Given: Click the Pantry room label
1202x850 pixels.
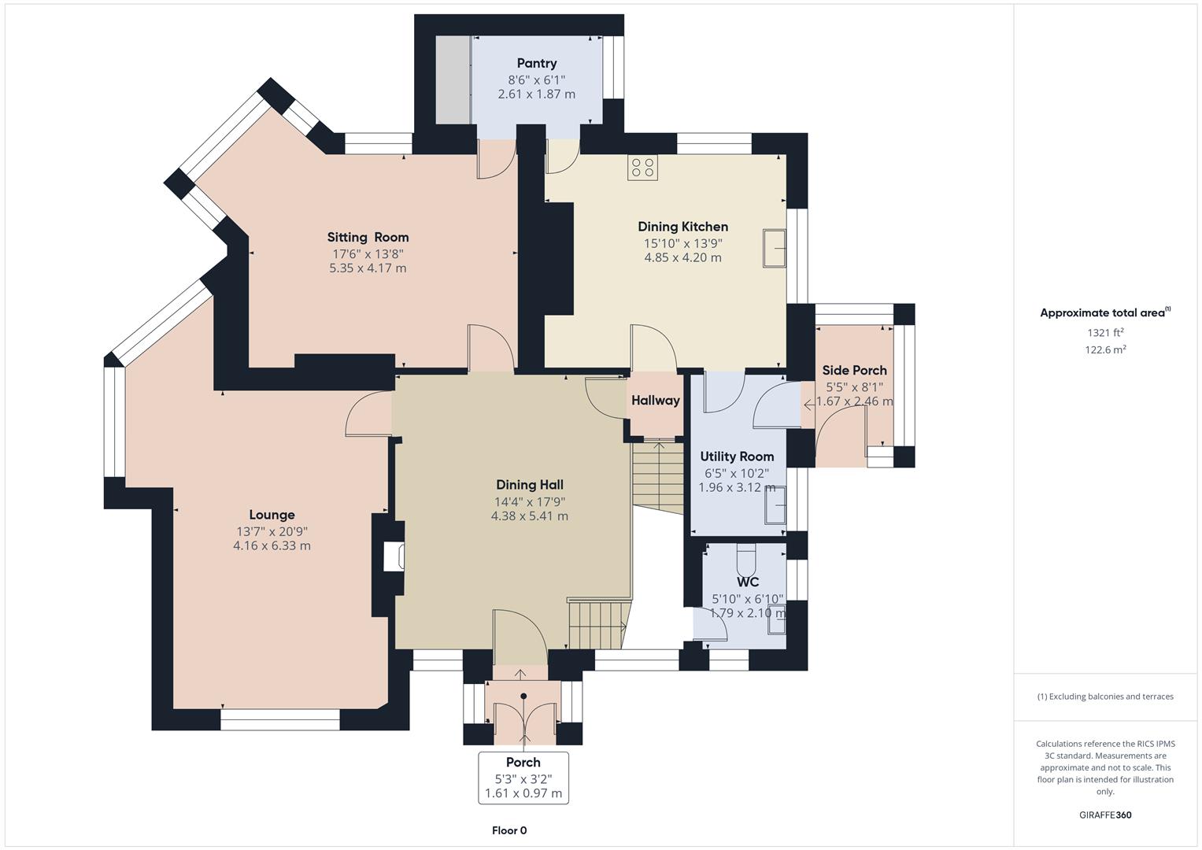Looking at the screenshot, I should tap(536, 63).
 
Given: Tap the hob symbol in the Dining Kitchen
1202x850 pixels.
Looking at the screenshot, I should tap(642, 168).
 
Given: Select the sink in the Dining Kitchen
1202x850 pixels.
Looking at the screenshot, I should tap(774, 249).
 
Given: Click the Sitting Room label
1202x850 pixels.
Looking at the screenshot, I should tap(368, 237).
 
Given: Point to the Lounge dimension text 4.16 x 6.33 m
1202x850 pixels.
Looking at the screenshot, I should tap(272, 545).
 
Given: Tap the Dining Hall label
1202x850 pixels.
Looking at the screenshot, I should tap(529, 485).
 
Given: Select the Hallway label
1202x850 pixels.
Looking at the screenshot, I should tap(655, 401).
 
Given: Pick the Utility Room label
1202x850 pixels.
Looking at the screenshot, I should tap(737, 456).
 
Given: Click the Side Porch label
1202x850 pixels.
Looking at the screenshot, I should tap(854, 370).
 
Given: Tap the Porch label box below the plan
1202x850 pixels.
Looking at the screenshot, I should tap(523, 778).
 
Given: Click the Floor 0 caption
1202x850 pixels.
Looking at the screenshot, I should tap(509, 830).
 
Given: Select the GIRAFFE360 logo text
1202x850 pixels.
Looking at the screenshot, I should tap(1105, 815).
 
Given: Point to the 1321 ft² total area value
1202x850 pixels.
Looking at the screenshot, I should tap(1105, 333).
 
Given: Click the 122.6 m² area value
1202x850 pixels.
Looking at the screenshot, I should tap(1105, 350).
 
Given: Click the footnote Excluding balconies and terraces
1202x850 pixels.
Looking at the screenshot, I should tap(1105, 697).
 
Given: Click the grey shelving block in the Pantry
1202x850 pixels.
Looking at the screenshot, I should tap(453, 79).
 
